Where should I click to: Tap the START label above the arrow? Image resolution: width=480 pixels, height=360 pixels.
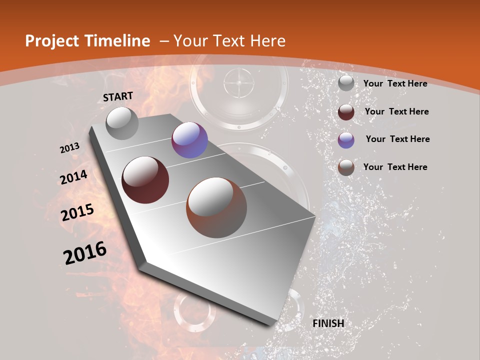(118, 96)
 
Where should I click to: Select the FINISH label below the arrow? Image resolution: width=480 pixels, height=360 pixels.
(328, 323)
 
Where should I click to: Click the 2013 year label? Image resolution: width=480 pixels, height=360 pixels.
(70, 148)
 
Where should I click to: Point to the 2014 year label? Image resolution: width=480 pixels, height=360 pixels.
(74, 177)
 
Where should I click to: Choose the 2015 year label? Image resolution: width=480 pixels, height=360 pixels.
(77, 212)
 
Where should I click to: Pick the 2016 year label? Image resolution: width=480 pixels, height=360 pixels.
(85, 253)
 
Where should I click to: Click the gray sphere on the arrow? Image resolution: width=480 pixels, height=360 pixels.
(122, 123)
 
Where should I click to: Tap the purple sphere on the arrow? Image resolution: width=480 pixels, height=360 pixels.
(189, 140)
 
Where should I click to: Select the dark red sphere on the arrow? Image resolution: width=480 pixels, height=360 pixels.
(145, 180)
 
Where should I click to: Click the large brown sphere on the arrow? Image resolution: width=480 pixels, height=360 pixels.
(216, 207)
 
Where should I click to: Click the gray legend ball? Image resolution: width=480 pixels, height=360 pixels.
(346, 83)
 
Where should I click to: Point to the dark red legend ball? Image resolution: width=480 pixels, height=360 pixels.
(346, 112)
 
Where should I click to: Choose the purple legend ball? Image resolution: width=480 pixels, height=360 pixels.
(346, 140)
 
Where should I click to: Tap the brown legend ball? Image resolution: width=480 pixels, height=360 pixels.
(346, 167)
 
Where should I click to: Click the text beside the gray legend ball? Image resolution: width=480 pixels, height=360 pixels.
(395, 83)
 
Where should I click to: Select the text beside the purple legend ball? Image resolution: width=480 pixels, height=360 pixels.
(397, 139)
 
